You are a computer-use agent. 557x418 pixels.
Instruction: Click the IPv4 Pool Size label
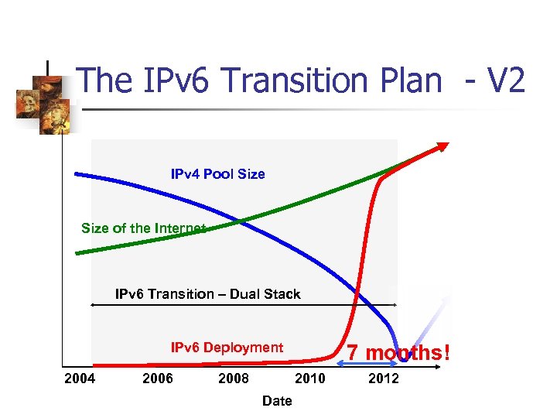pos(217,174)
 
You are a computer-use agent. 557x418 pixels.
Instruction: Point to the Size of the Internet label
pos(143,228)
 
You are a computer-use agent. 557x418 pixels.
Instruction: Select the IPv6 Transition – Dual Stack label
pos(207,294)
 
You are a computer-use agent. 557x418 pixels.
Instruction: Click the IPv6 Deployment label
pos(227,348)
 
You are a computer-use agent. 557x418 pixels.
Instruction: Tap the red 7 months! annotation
pos(398,353)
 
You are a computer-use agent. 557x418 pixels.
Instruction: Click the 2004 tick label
pos(80,379)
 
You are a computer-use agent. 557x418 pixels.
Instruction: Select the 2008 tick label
pos(233,379)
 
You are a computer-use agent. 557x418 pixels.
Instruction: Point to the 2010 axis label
pos(309,379)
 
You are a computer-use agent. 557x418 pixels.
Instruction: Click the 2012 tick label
pos(384,379)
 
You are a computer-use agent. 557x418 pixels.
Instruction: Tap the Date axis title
pos(277,401)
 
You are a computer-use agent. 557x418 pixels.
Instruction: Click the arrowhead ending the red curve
pos(443,146)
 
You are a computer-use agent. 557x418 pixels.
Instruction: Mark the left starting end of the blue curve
pos(77,173)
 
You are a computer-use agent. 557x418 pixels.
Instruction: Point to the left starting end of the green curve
pos(77,252)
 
